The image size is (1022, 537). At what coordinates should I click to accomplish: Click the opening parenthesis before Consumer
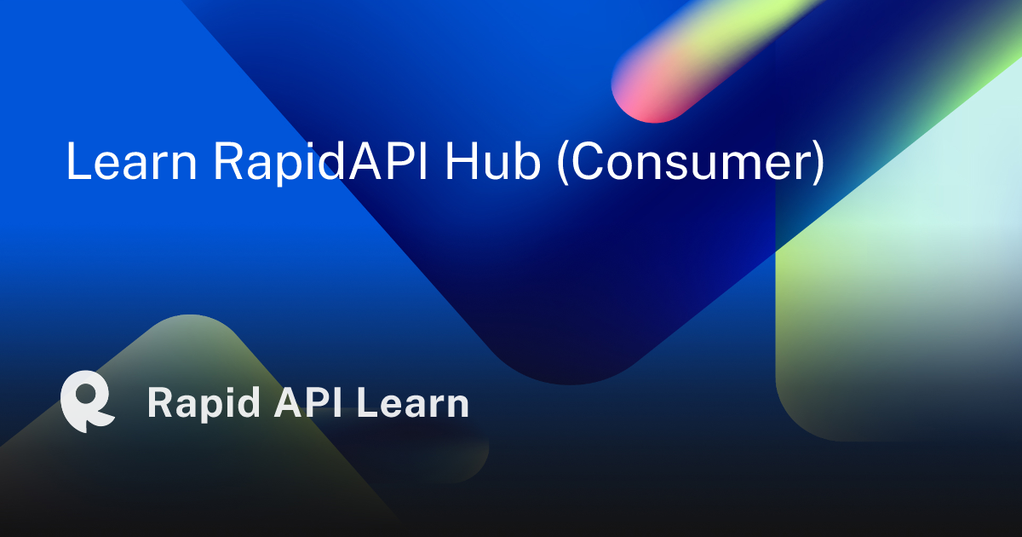tap(563, 162)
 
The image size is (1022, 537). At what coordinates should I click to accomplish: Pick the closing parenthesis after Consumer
tap(817, 162)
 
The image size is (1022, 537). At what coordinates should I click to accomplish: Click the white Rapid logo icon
tap(87, 401)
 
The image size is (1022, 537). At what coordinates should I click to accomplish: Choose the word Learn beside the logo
tap(413, 403)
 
